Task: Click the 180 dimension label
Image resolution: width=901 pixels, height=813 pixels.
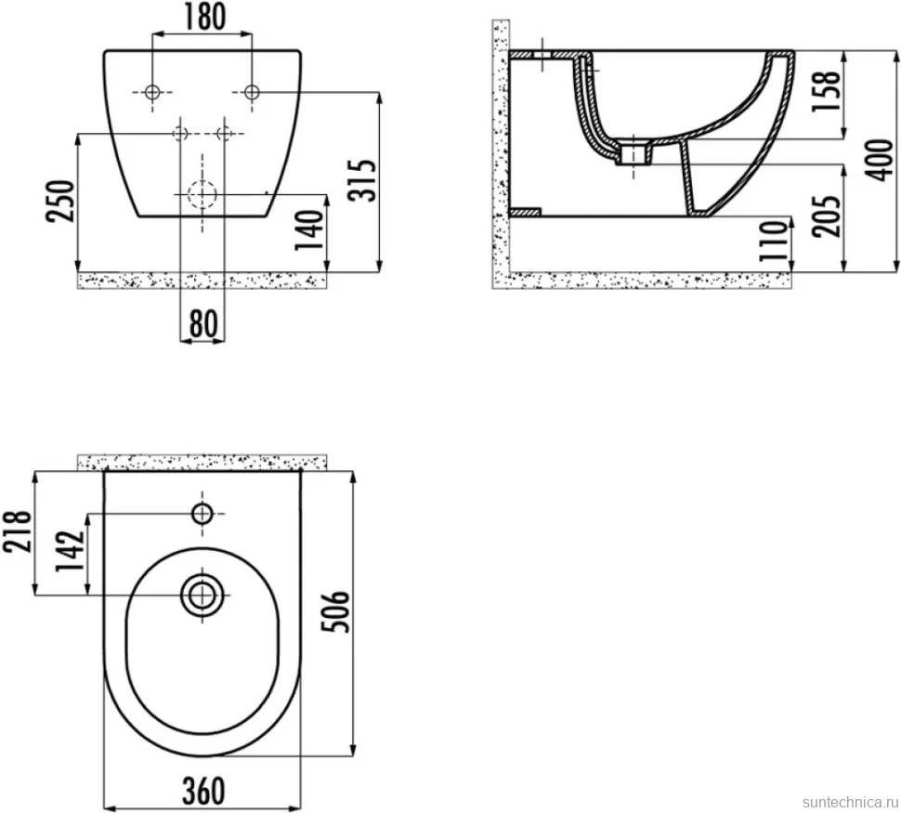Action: [204, 18]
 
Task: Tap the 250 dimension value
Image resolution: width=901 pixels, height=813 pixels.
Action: [61, 202]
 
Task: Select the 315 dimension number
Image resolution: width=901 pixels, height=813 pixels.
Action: [362, 180]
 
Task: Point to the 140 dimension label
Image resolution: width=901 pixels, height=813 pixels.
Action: [309, 230]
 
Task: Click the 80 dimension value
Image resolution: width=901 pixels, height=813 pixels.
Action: [202, 323]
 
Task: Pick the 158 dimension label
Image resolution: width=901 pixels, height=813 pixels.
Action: [826, 93]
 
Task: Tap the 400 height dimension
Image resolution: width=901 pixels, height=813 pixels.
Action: [879, 160]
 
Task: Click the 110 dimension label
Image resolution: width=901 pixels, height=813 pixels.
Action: [773, 241]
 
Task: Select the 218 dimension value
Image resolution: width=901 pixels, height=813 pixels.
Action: [16, 531]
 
